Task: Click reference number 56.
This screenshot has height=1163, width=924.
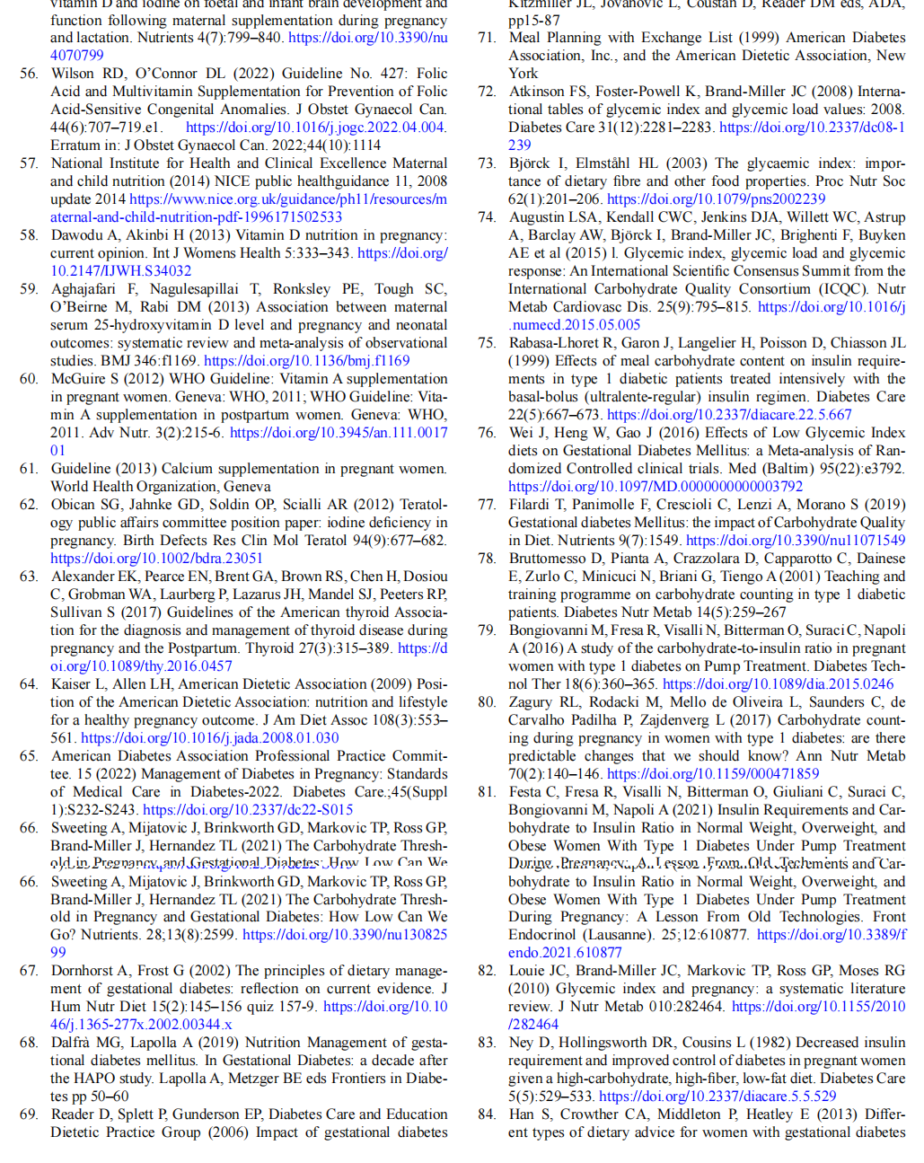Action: click(x=29, y=74)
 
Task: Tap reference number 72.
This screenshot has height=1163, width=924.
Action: click(x=487, y=92)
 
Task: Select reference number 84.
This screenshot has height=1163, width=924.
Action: click(x=487, y=1115)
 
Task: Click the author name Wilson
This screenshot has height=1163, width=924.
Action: click(x=72, y=74)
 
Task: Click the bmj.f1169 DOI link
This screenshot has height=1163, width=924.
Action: click(x=307, y=361)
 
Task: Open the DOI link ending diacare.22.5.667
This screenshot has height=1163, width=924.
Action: click(x=729, y=415)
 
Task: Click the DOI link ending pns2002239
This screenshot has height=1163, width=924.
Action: click(x=716, y=199)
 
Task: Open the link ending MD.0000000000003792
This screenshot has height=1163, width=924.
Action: click(x=656, y=487)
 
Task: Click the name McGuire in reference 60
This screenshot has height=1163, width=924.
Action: click(x=81, y=379)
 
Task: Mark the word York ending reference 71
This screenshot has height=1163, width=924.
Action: click(x=524, y=74)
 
